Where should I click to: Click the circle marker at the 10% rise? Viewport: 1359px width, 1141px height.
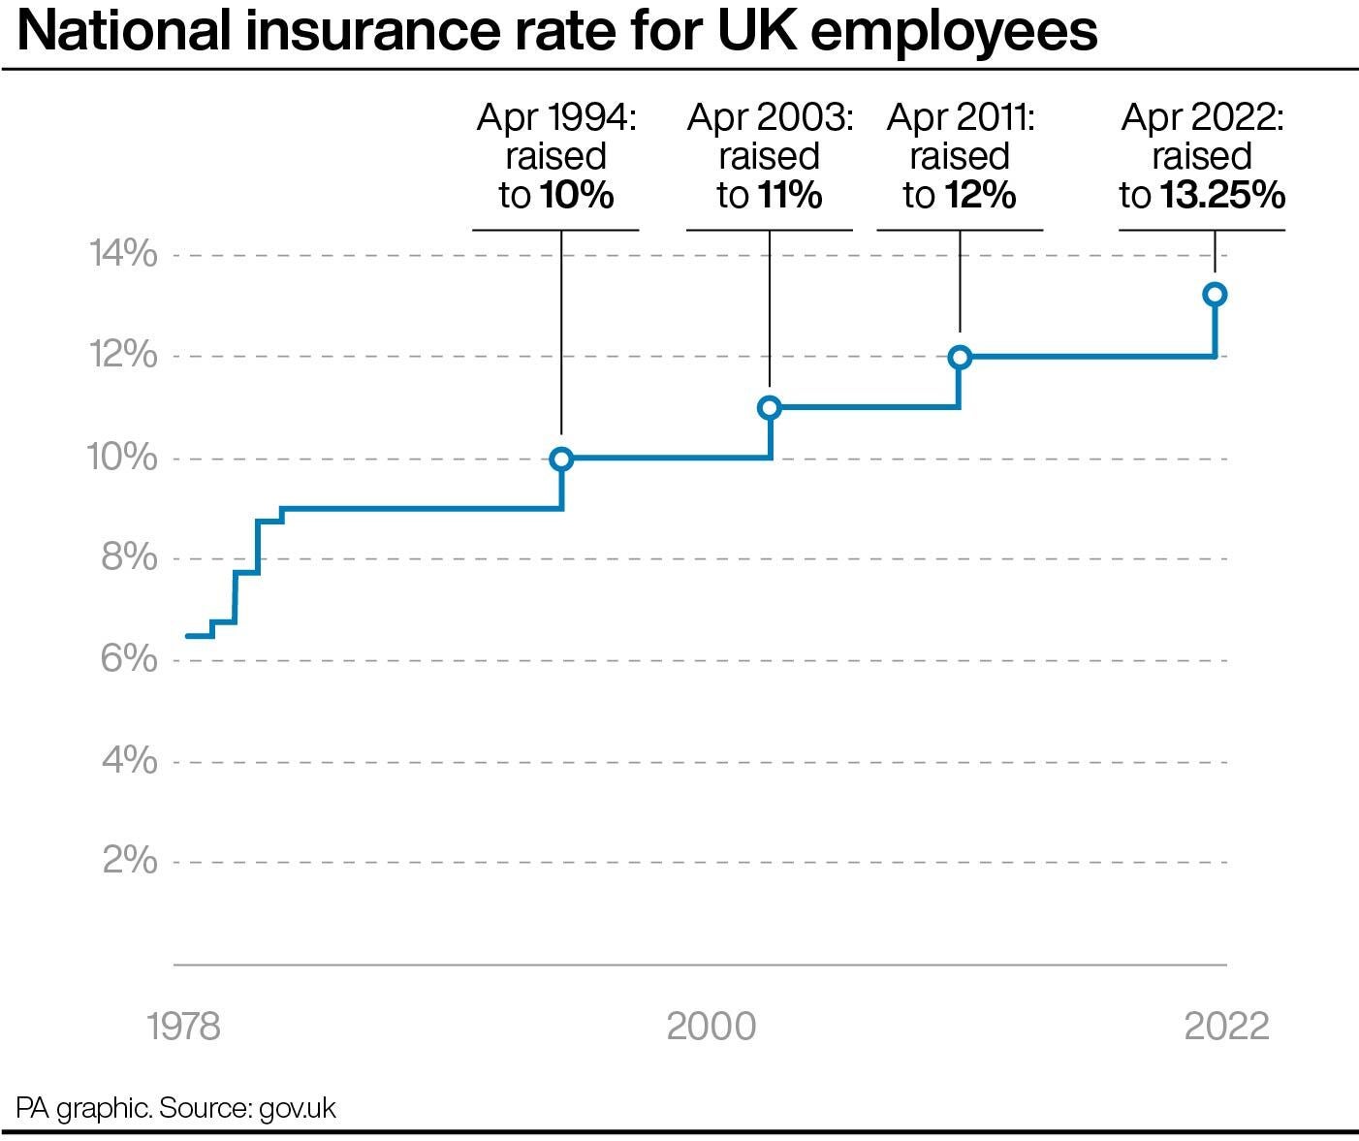click(x=561, y=460)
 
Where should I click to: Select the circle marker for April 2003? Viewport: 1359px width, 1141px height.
click(x=770, y=408)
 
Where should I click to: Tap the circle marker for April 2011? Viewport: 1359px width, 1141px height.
click(x=960, y=358)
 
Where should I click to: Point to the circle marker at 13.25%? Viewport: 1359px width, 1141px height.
click(x=1215, y=295)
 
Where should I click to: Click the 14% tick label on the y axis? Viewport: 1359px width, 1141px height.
click(x=123, y=255)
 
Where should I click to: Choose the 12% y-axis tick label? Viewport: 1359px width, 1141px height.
click(x=123, y=356)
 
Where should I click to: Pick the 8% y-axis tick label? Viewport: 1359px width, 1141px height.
click(x=129, y=558)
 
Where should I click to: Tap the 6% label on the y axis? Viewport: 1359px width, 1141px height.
click(x=129, y=659)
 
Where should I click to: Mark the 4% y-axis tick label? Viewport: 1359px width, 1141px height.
click(x=129, y=761)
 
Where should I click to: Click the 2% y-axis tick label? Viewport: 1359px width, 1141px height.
click(x=129, y=861)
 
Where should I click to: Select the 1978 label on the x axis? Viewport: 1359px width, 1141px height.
click(x=184, y=1026)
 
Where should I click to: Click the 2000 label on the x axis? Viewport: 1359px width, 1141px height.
click(x=711, y=1026)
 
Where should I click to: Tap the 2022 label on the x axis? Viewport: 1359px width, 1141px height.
click(x=1226, y=1026)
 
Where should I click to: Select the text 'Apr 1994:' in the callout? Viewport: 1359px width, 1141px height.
click(x=556, y=118)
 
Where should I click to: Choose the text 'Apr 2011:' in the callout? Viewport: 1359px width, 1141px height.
click(x=961, y=118)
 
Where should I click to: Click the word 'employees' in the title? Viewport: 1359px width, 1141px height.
click(x=954, y=33)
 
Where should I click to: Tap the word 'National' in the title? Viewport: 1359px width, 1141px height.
click(x=123, y=31)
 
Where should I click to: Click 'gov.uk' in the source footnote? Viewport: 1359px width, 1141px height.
click(x=298, y=1108)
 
